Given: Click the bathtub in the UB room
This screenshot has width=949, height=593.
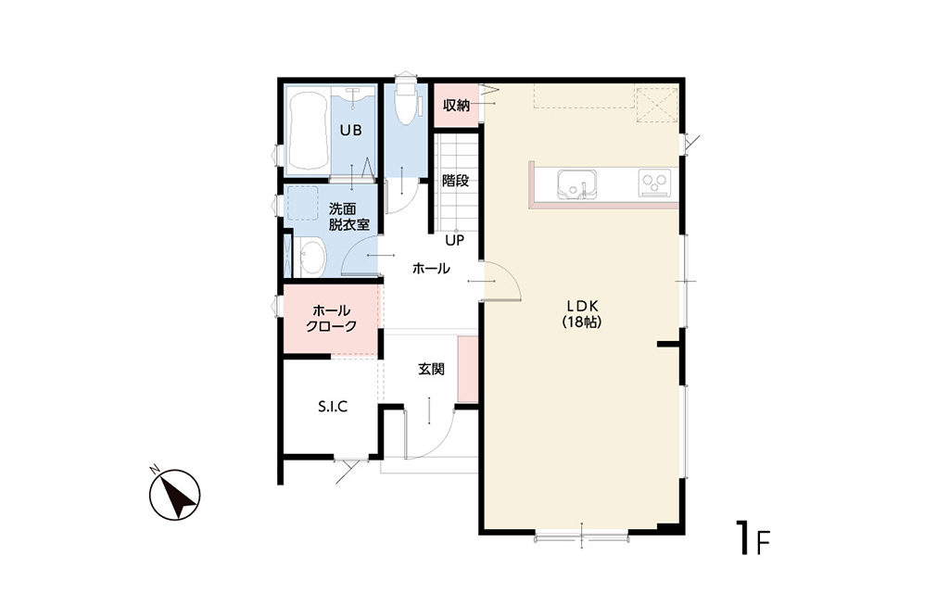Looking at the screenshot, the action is click(308, 132).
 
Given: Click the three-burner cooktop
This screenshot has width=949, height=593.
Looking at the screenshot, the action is click(655, 183).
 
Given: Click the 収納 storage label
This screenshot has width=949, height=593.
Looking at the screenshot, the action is click(456, 105).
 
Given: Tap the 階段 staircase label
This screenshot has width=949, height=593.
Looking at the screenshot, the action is click(455, 181).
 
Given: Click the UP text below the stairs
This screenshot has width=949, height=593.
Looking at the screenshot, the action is click(454, 240).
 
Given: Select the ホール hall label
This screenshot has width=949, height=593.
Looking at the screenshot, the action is click(431, 268).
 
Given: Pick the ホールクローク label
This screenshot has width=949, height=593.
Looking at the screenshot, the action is click(331, 319).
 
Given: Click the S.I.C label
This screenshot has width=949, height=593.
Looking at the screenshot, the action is click(333, 407).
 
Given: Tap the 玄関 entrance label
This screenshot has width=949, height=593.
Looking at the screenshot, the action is click(432, 369).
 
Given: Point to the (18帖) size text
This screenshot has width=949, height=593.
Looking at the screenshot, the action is click(582, 322).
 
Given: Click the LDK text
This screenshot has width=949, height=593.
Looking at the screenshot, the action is click(582, 306).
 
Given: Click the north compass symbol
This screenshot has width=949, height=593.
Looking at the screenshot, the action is click(175, 495).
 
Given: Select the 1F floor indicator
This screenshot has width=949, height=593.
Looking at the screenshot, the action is click(753, 537).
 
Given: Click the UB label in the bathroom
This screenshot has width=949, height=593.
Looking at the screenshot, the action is click(350, 130).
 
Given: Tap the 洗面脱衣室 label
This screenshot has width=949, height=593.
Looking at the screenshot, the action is click(349, 217).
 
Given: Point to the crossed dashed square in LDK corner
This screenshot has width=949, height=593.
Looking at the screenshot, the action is click(657, 105).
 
